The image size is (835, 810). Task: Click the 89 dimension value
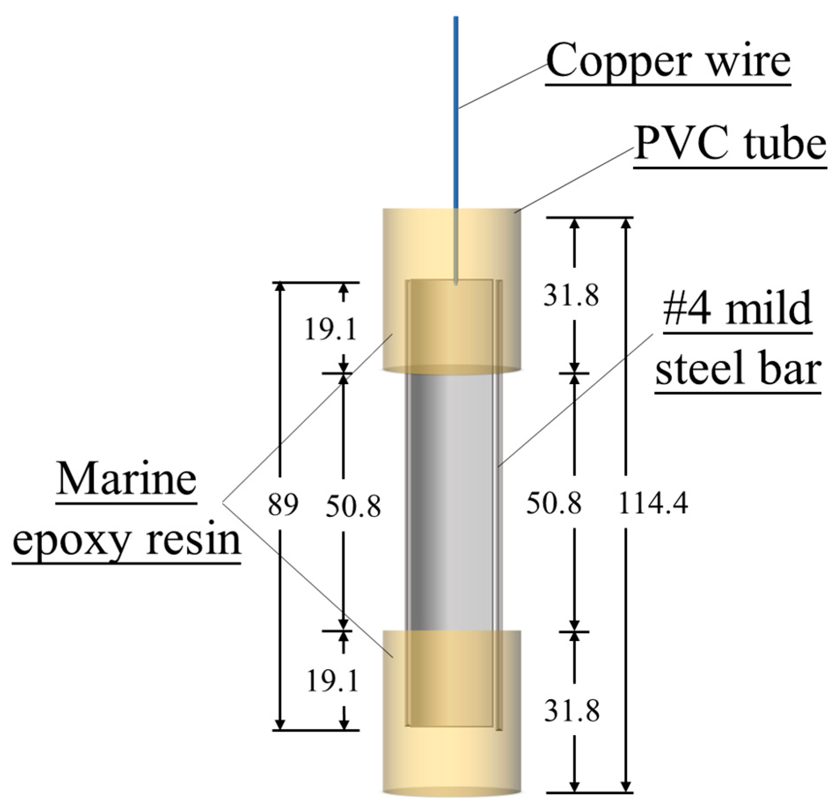(283, 505)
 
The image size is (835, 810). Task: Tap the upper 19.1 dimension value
(330, 330)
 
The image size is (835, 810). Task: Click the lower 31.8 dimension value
(571, 711)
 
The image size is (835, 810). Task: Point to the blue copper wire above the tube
(456, 110)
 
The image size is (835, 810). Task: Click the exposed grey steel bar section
(453, 502)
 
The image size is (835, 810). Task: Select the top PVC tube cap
(453, 246)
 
